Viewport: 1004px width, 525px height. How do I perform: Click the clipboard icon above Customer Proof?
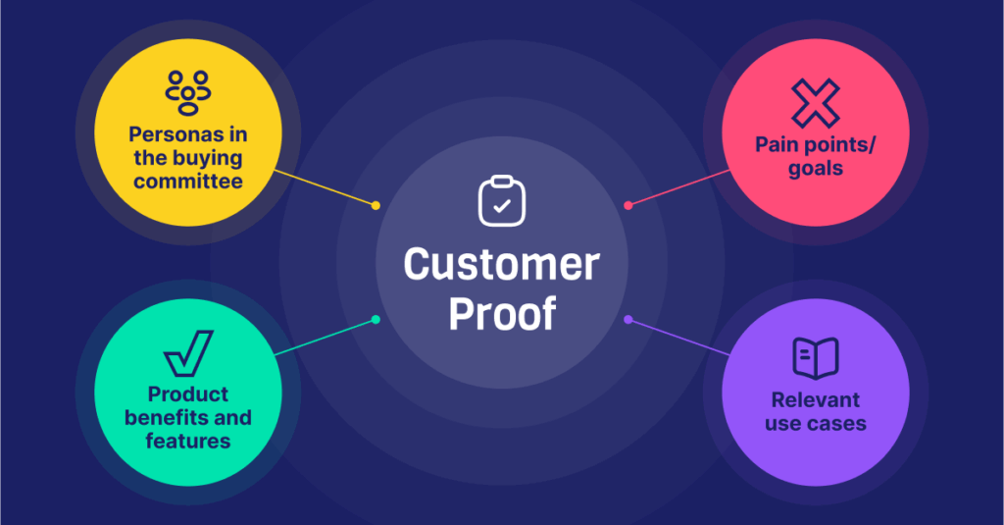501,200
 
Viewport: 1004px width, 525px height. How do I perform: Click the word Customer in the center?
501,266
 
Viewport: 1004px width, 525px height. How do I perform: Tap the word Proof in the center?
501,313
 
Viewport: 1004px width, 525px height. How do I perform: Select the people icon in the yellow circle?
188,88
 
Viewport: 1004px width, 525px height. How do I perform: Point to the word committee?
188,182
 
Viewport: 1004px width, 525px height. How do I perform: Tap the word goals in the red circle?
815,168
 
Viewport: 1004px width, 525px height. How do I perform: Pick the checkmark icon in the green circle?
188,354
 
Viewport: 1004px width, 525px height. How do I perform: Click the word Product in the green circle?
188,394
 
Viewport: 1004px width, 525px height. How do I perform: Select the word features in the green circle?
188,441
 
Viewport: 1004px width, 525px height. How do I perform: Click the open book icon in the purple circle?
815,359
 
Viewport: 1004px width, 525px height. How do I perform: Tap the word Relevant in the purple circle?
815,400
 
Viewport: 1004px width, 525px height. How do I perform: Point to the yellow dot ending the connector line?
376,205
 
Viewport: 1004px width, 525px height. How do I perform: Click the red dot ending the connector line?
628,205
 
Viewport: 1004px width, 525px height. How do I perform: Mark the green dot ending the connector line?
376,319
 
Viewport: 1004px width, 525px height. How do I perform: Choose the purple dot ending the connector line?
628,319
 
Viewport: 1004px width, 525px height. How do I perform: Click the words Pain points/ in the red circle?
815,145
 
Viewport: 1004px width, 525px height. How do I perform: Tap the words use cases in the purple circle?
815,424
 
